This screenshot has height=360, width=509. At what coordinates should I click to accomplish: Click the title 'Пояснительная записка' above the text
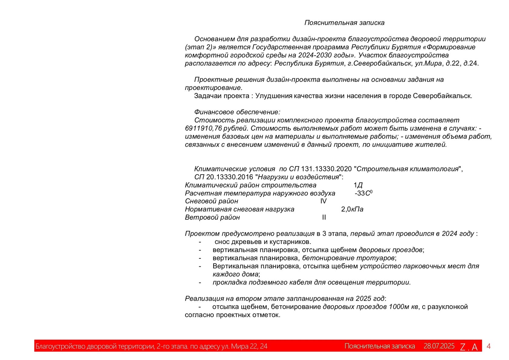344,23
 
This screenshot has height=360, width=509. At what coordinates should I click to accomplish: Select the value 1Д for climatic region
358,185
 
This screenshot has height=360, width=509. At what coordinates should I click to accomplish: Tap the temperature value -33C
363,193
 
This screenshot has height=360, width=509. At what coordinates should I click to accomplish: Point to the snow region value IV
323,201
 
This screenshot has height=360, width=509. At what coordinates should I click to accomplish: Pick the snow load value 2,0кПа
352,209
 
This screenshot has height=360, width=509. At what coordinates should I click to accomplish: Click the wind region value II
324,218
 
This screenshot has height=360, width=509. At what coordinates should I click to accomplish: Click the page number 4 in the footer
488,346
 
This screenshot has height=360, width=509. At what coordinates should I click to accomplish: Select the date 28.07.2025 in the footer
439,346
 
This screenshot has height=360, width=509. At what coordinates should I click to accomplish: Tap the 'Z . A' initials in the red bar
469,347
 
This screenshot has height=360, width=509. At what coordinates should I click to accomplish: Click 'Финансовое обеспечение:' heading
237,112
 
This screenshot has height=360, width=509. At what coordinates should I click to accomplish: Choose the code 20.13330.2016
229,177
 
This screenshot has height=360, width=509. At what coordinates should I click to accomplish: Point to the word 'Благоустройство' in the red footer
60,346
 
